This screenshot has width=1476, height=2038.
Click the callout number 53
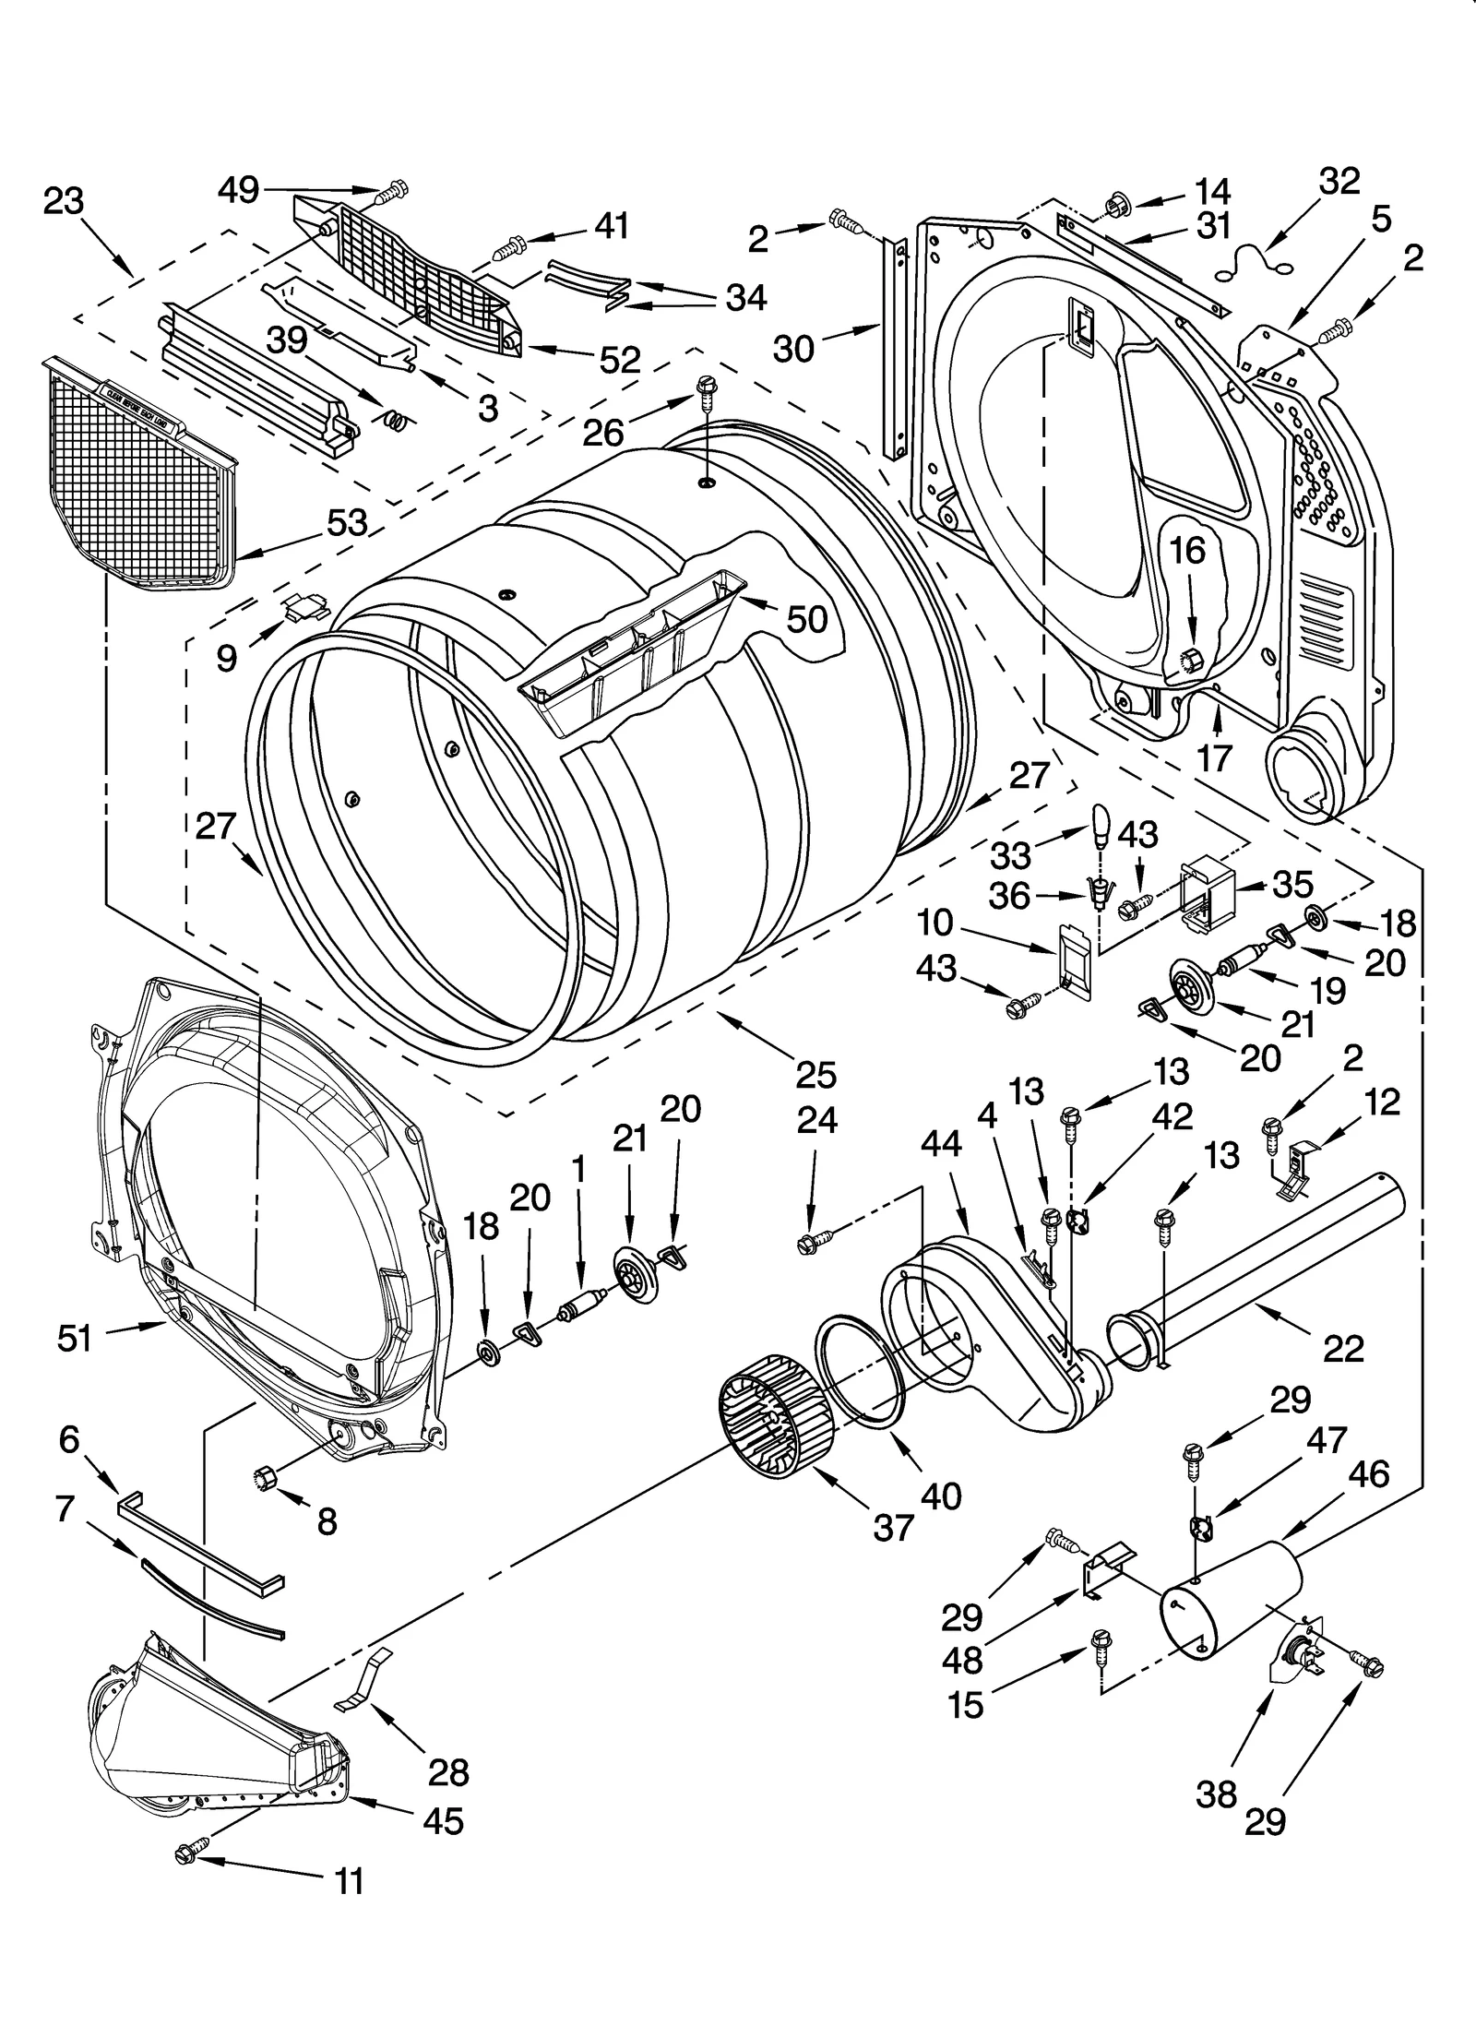pos(346,522)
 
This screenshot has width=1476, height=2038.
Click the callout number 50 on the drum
pos(806,619)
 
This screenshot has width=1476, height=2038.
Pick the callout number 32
pos(1339,182)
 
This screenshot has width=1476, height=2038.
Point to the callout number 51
pos(75,1338)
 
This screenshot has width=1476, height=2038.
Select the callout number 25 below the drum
pos(815,1075)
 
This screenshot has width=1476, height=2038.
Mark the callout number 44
pos(940,1144)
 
